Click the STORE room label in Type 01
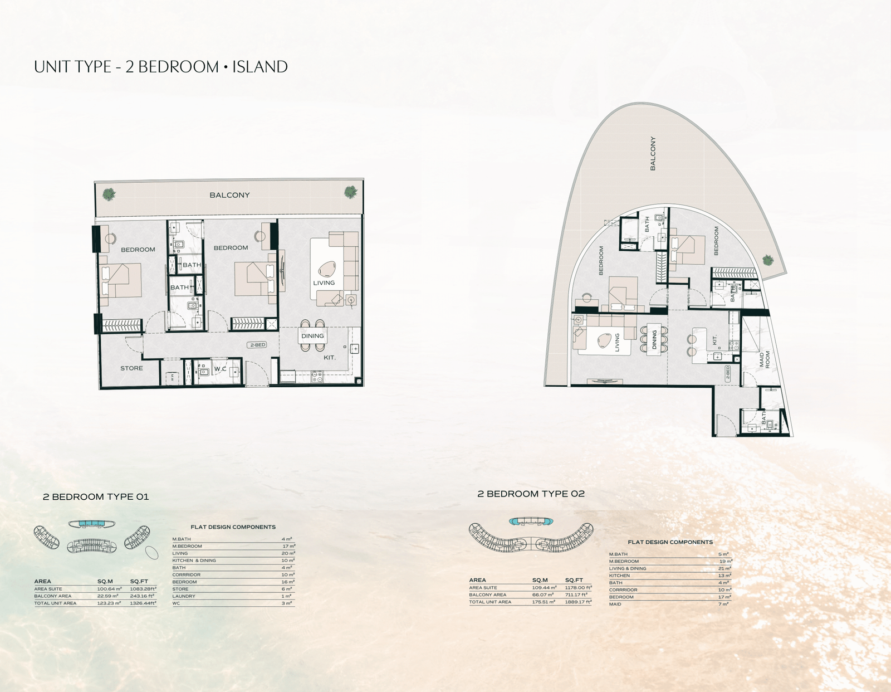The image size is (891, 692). tap(131, 368)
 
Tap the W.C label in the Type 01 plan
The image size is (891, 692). tap(220, 369)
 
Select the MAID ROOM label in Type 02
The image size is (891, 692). tap(765, 359)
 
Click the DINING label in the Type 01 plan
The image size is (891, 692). tap(312, 336)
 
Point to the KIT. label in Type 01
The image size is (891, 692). tap(330, 358)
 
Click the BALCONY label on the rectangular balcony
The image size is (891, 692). tap(229, 195)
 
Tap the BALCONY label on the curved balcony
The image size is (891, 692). tap(653, 153)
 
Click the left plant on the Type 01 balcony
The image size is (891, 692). tap(109, 194)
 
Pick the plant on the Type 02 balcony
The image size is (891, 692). tap(768, 260)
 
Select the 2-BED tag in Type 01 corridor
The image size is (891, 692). tap(257, 345)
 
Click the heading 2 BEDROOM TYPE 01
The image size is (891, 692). tap(96, 496)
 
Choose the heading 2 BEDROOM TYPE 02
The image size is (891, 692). tap(531, 494)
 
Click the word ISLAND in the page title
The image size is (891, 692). tap(260, 67)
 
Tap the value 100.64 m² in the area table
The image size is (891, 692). tap(109, 589)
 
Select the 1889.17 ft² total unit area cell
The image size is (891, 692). tap(578, 602)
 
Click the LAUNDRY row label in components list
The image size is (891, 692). tap(184, 596)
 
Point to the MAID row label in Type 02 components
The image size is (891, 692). tap(615, 604)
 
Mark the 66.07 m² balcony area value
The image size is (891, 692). tap(544, 594)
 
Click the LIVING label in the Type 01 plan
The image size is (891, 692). tap(324, 282)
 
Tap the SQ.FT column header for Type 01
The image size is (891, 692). tap(139, 581)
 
